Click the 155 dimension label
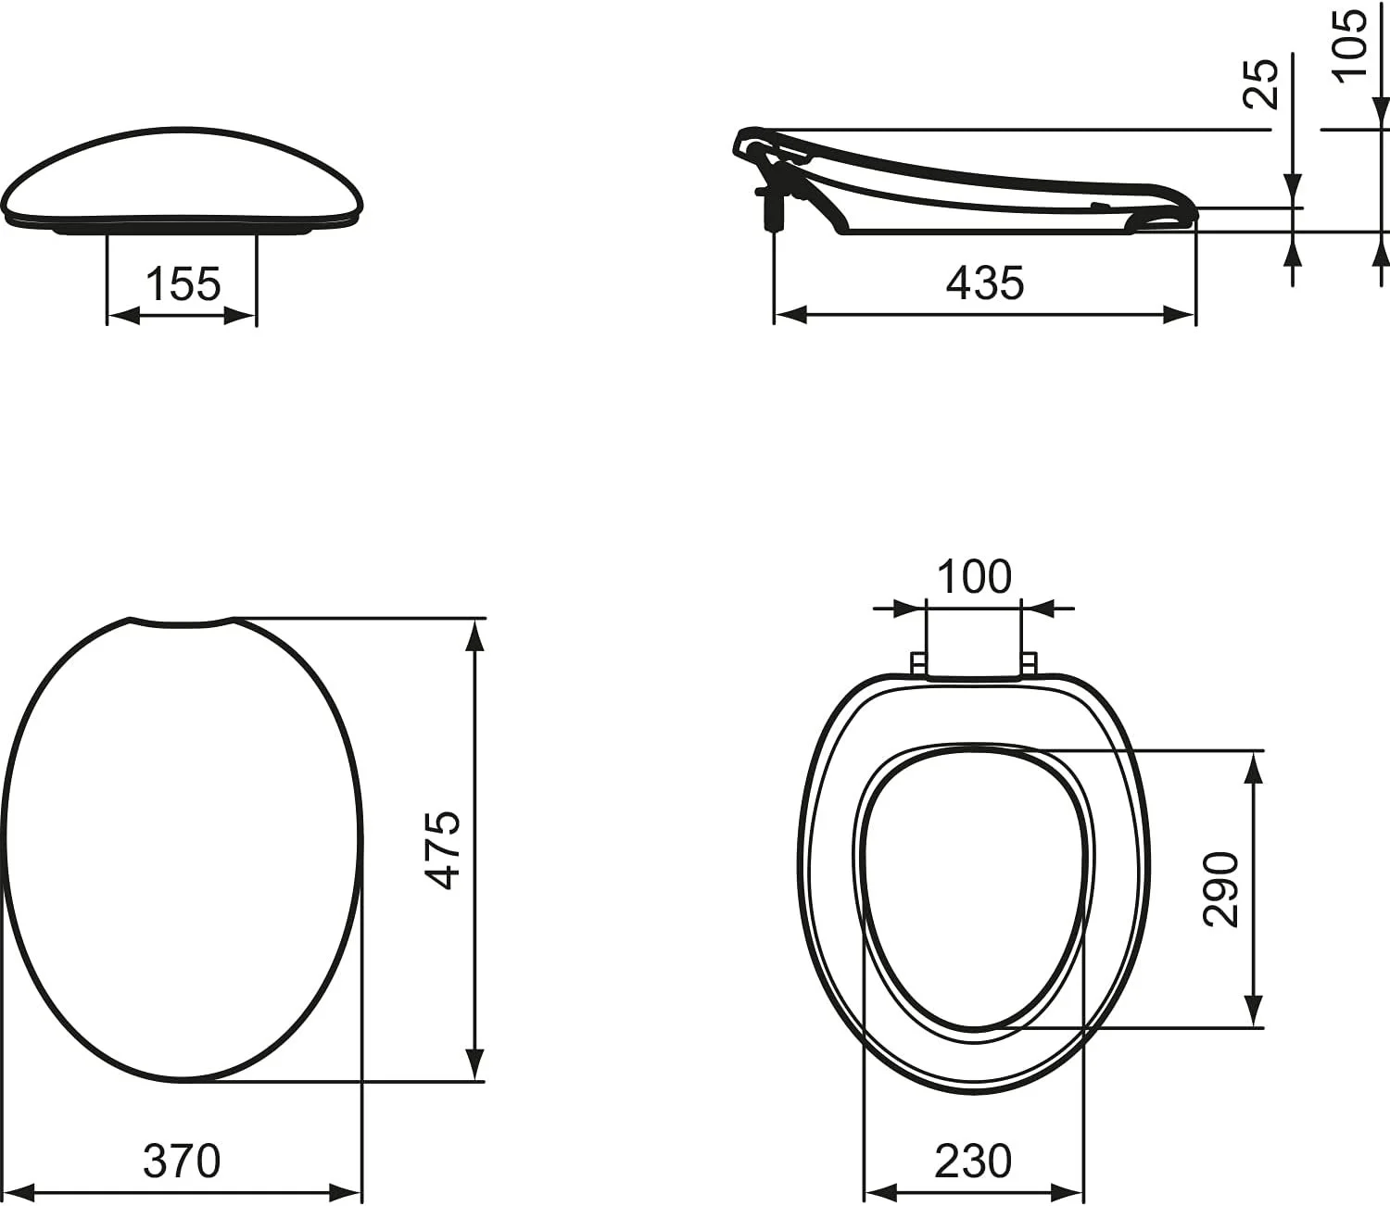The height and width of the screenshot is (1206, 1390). click(x=183, y=284)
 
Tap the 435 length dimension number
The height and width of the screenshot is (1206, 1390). click(x=985, y=283)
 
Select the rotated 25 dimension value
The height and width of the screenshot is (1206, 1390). click(x=1261, y=83)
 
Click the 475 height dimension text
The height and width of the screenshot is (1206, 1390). click(x=447, y=849)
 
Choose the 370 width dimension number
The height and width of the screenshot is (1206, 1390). click(x=183, y=1161)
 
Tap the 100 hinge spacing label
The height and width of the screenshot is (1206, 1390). click(x=974, y=577)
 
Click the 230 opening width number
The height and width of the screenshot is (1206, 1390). click(x=973, y=1162)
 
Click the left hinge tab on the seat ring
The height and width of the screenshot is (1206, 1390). click(x=917, y=664)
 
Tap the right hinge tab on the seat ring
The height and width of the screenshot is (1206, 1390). click(x=1029, y=664)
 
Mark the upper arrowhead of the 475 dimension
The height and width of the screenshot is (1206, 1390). click(x=474, y=634)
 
